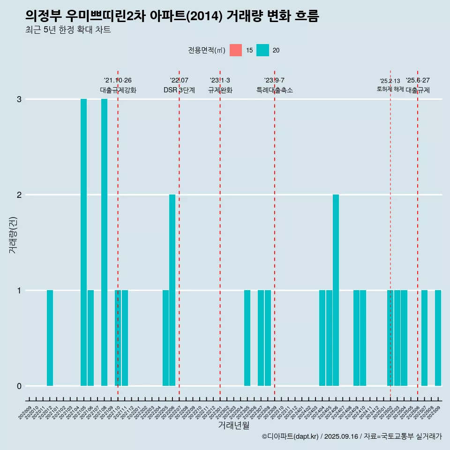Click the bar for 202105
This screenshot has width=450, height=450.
[x=83, y=242]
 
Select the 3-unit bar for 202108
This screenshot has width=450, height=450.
[x=104, y=242]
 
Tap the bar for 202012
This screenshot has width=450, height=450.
[x=50, y=338]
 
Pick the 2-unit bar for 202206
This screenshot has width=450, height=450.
[x=172, y=290]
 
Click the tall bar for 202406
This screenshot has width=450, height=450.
[x=336, y=290]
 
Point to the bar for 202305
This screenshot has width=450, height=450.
[x=247, y=338]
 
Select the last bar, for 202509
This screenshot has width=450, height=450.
[x=438, y=338]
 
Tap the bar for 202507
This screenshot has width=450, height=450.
[x=424, y=338]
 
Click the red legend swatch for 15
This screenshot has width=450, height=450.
[x=236, y=50]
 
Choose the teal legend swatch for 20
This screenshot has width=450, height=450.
[x=263, y=50]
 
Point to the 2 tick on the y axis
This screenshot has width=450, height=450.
[x=19, y=195]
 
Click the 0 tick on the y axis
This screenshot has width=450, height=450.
[x=19, y=386]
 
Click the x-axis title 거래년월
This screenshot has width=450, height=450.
[x=233, y=426]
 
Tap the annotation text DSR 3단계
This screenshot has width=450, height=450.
[x=179, y=90]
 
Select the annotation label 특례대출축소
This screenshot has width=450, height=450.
[x=275, y=90]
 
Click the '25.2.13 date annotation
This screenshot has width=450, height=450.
[x=390, y=81]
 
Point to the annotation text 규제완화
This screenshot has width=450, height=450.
[x=220, y=90]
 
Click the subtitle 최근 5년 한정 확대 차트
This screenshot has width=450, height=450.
[x=68, y=30]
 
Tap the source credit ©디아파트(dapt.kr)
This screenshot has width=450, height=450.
[x=291, y=436]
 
